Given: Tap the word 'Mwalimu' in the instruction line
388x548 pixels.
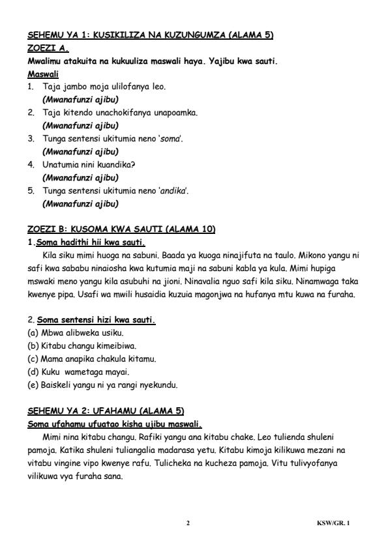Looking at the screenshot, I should tap(46, 61).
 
